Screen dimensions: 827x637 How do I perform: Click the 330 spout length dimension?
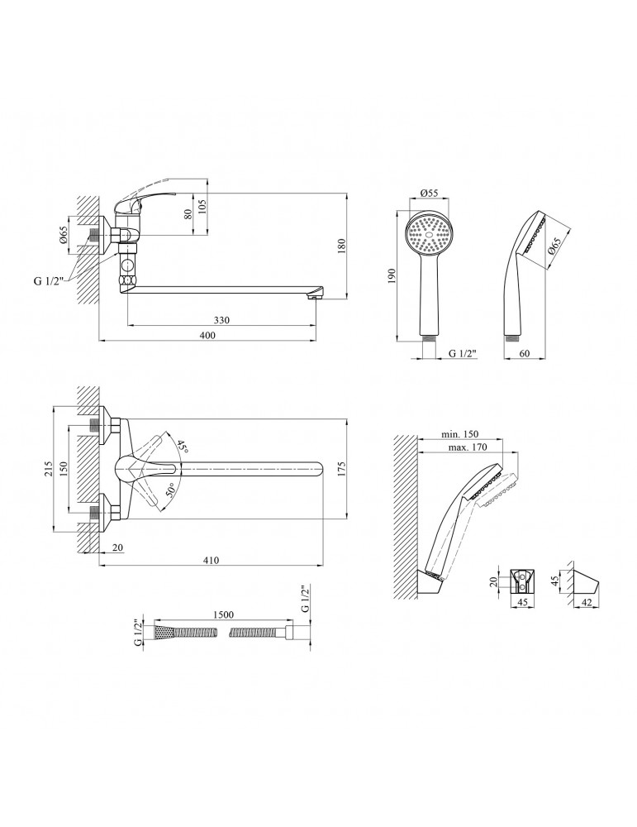(221, 320)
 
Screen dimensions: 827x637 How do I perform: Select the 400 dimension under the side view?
(207, 335)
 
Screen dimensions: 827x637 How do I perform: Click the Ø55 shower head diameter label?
(428, 193)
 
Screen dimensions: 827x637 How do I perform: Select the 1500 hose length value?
(223, 614)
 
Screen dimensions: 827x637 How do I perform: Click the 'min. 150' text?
(460, 434)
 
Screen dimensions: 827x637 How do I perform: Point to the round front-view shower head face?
(430, 234)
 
